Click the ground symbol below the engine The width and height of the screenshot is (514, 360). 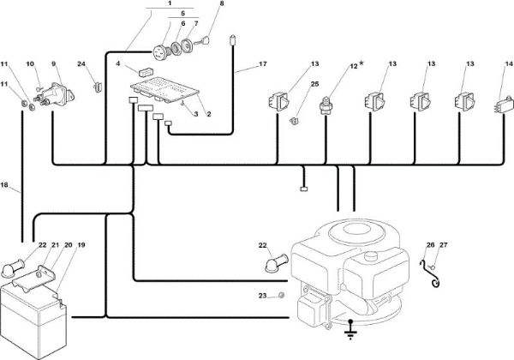(350, 331)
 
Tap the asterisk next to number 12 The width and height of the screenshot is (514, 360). (362, 63)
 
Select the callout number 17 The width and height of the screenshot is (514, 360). (263, 64)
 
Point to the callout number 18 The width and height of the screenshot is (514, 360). (4, 185)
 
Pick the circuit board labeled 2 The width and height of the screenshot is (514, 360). (164, 89)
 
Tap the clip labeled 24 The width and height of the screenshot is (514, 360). (98, 87)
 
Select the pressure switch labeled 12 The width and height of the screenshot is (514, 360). (325, 105)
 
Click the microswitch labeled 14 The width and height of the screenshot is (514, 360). (503, 105)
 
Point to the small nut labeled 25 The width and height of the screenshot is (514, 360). (295, 122)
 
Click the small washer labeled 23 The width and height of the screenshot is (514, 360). (281, 296)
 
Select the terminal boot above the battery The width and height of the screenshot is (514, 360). (13, 268)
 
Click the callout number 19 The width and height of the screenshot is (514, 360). (81, 245)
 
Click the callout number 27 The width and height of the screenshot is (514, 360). (443, 245)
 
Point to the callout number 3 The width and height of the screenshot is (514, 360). (195, 114)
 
